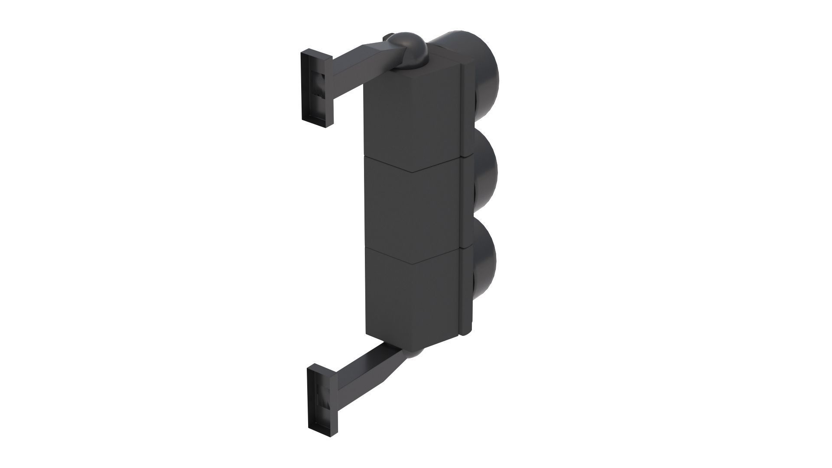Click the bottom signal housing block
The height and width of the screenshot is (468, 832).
pos(414,299)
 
